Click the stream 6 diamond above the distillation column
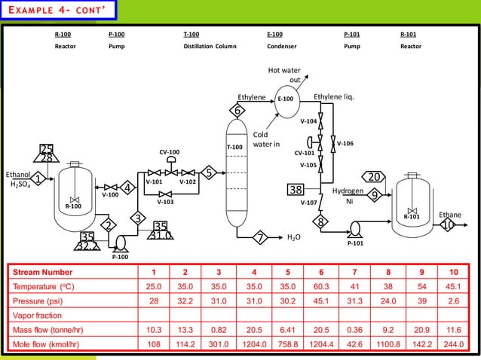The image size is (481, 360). coord(237,111)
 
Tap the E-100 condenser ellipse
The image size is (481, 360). coord(286,99)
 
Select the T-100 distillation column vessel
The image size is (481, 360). coord(237,173)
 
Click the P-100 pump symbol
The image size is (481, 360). coord(120,241)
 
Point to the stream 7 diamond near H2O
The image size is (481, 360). coord(261,237)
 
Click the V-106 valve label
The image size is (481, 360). coord(345,143)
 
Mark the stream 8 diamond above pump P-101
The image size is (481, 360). coord(320,222)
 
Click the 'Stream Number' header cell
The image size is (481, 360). coord(42,272)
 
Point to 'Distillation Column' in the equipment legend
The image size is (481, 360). coord(210,47)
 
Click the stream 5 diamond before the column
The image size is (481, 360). coord(210,173)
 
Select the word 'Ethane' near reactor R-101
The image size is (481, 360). coord(450,215)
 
